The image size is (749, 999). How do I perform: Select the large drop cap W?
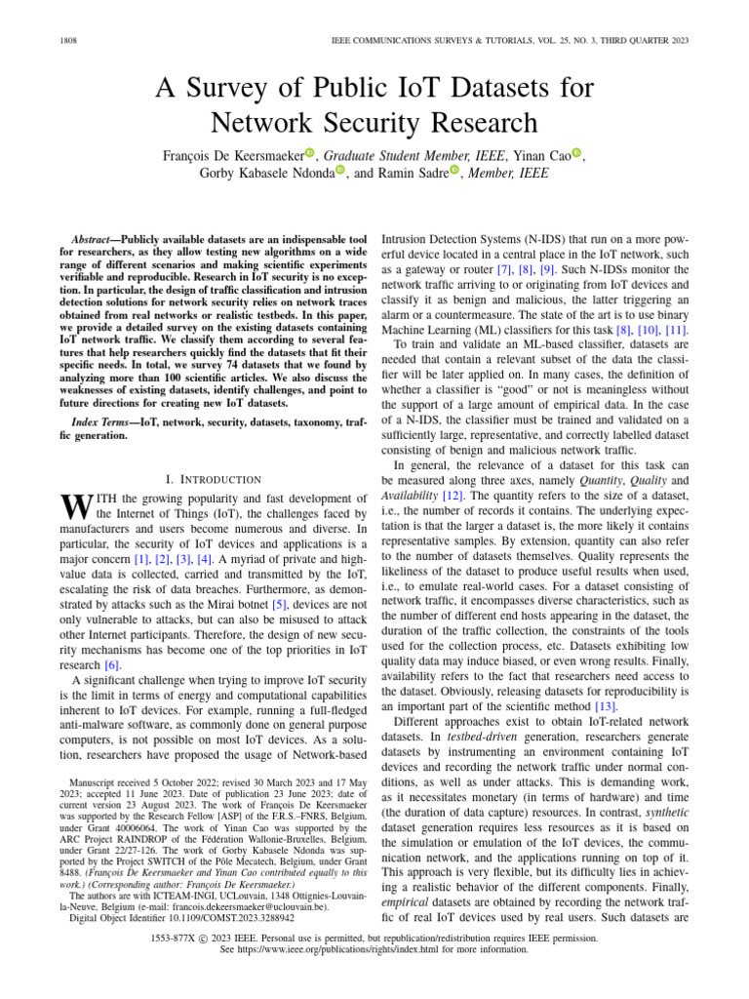point(74,507)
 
